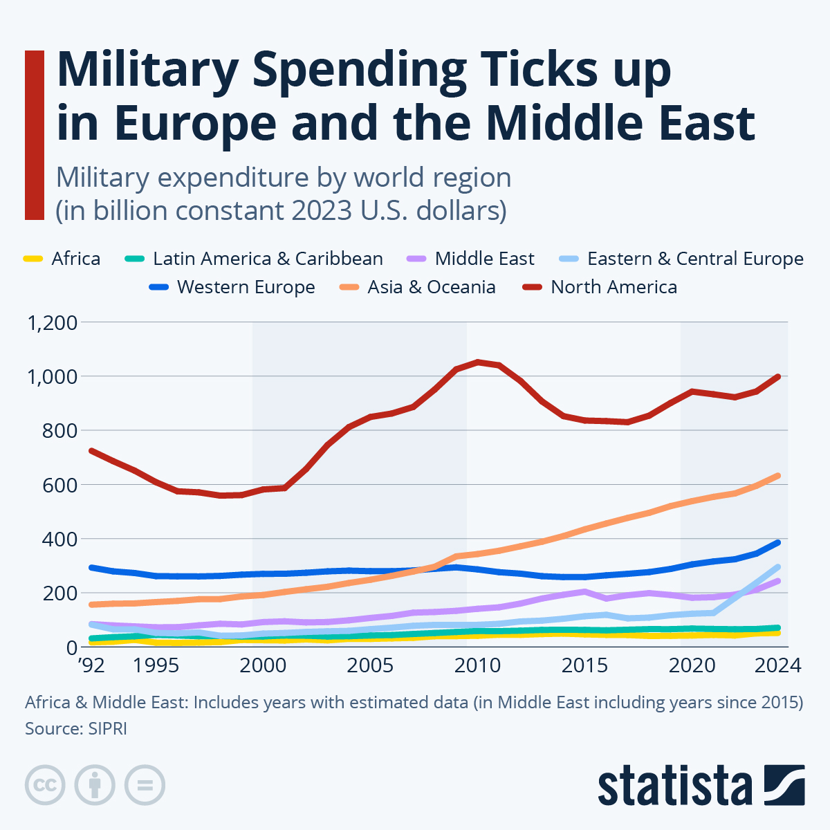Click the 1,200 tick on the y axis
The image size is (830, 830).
click(x=52, y=322)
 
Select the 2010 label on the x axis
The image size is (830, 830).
click(x=477, y=665)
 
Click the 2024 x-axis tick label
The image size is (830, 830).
click(x=778, y=665)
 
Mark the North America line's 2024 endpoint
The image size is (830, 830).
click(x=779, y=376)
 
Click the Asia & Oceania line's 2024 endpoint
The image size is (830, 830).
click(x=779, y=475)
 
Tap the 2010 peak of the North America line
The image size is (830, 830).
click(x=477, y=362)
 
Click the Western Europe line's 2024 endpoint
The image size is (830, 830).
click(x=779, y=542)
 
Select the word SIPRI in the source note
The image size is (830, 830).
click(x=107, y=729)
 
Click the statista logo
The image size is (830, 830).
click(x=701, y=786)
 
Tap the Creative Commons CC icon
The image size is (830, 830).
click(x=45, y=785)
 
